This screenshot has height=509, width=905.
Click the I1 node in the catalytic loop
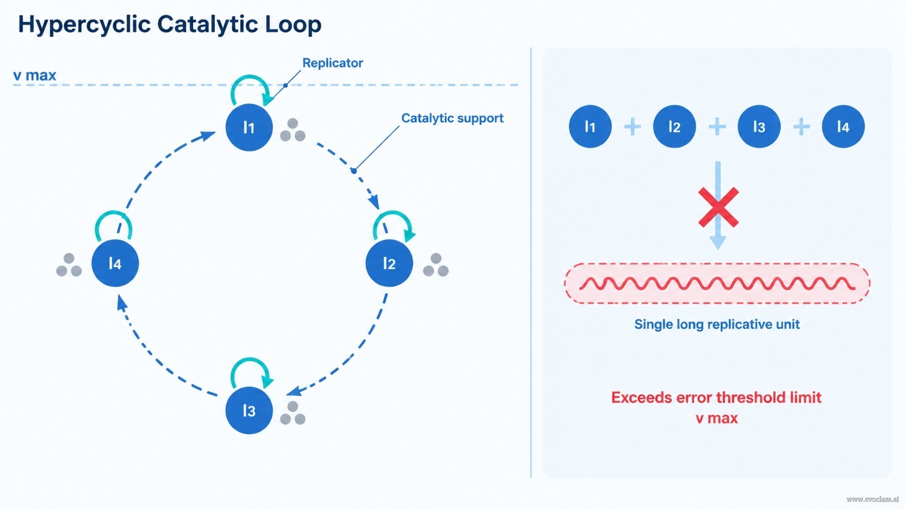click(x=249, y=128)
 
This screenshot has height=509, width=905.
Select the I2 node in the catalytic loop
click(x=389, y=263)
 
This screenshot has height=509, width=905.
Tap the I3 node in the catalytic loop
click(x=249, y=411)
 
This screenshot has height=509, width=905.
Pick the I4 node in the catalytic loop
click(x=115, y=263)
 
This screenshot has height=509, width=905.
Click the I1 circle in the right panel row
click(x=591, y=127)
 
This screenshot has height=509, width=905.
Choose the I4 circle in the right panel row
click(x=843, y=127)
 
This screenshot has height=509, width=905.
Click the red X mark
click(x=718, y=207)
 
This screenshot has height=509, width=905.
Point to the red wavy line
click(x=717, y=283)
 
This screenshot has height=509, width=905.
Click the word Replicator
click(x=332, y=63)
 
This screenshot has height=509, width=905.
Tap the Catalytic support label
click(x=452, y=118)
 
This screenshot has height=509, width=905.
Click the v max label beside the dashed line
click(x=35, y=76)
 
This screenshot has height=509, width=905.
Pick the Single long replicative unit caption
click(x=717, y=324)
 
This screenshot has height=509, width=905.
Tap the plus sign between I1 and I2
click(x=632, y=127)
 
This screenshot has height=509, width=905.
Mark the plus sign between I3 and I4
click(x=801, y=127)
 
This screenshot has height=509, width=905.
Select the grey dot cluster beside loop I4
click(x=69, y=265)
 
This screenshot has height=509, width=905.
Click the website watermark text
click(x=873, y=499)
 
